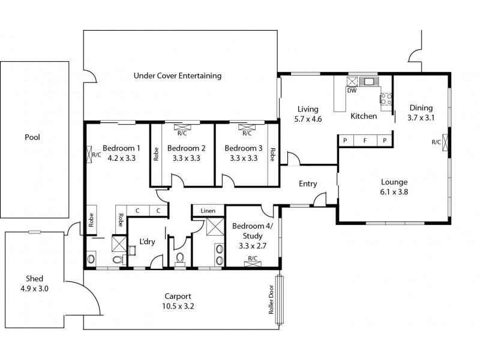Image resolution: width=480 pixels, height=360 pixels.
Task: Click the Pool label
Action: click(32, 137)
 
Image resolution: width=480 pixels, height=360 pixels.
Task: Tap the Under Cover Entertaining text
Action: click(178, 76)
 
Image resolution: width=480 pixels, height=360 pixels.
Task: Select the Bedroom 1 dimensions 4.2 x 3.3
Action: click(121, 159)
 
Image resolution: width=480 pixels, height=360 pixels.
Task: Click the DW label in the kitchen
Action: click(352, 91)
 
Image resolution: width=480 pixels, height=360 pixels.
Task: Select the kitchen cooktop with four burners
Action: click(385, 97)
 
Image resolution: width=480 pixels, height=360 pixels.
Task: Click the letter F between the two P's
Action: click(364, 141)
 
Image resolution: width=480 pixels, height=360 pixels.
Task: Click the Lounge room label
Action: click(394, 182)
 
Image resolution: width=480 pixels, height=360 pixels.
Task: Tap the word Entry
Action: click(308, 184)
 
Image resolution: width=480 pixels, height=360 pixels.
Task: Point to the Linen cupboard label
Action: click(208, 211)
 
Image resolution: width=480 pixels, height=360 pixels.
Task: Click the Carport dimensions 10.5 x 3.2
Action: click(178, 306)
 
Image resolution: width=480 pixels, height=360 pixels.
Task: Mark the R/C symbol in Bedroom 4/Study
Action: click(253, 259)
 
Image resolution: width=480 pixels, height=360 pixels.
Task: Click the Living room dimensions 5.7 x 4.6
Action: click(308, 119)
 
